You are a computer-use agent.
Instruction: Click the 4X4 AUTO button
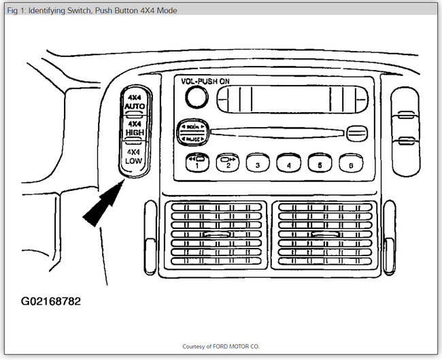point(134,103)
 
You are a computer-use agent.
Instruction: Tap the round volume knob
point(196,98)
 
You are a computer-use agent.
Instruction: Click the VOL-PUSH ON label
point(205,81)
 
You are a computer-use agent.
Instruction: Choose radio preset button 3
point(258,163)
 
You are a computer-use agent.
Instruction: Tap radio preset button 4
point(288,163)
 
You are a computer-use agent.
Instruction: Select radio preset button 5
point(319,163)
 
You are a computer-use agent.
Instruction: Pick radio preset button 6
point(350,163)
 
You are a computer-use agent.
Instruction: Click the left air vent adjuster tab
point(215,235)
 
